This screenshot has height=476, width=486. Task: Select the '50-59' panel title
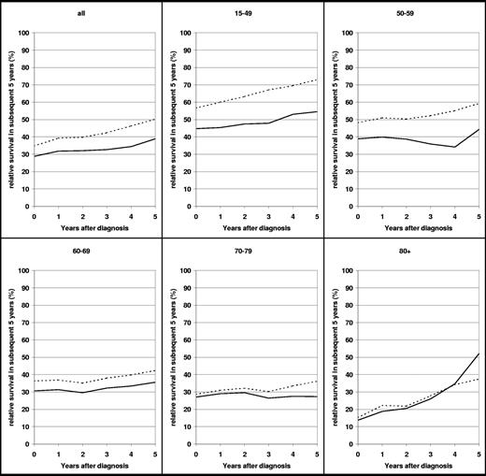click(407, 15)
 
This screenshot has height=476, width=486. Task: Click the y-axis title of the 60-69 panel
click(8, 355)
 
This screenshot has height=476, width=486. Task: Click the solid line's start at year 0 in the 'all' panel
click(35, 156)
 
